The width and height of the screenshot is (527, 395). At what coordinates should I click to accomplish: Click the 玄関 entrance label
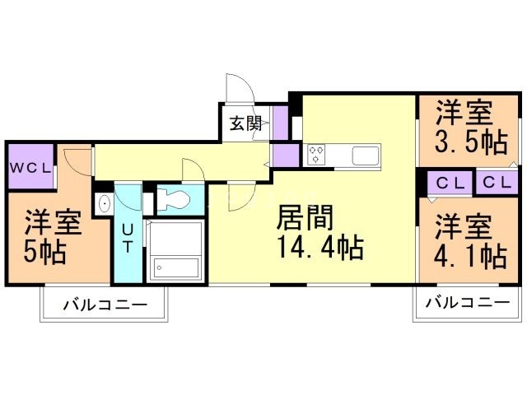(245, 124)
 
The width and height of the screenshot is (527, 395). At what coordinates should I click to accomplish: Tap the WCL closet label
(30, 167)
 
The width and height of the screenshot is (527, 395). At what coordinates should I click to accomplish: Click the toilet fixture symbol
(174, 198)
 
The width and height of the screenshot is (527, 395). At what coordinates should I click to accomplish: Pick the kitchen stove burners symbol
(316, 153)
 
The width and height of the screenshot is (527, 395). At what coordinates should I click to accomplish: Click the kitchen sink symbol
(363, 154)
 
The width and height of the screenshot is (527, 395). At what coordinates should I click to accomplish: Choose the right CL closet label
(496, 183)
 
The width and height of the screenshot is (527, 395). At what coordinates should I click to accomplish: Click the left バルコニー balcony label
(105, 306)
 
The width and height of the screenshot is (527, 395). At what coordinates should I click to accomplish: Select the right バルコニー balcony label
(467, 303)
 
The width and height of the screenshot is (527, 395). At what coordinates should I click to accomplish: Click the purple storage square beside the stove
(286, 154)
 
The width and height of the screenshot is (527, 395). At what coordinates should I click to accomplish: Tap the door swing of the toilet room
(193, 171)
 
